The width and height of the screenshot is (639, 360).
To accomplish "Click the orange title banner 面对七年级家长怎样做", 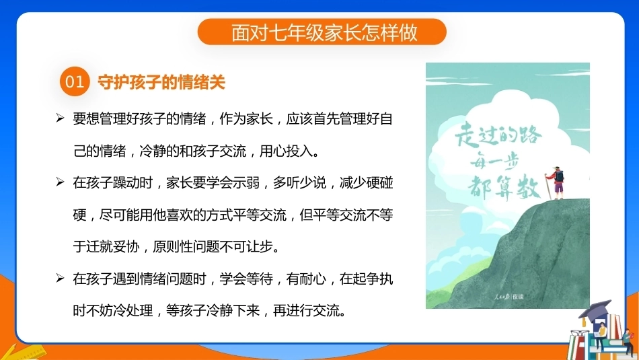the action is [x=322, y=32].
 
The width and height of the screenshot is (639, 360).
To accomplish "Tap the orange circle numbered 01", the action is [x=75, y=81].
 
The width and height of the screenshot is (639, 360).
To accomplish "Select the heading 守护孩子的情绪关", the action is [x=161, y=82].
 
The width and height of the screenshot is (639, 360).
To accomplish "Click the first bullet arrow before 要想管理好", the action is [x=60, y=118].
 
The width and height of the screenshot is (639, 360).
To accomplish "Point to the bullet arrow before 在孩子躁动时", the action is [x=60, y=182].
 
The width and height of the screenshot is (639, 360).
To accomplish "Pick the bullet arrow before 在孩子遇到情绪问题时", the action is [x=60, y=278].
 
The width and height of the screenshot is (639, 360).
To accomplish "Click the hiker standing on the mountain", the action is [x=557, y=182].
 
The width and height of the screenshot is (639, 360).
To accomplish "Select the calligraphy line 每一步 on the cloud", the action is [x=494, y=162].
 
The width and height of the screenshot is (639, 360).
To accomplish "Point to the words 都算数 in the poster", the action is [x=504, y=188].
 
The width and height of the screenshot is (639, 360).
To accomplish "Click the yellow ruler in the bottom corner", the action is [x=28, y=352].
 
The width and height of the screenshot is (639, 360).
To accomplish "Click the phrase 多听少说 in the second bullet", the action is [x=299, y=182].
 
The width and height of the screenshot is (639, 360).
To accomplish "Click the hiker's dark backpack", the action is [x=560, y=176].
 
